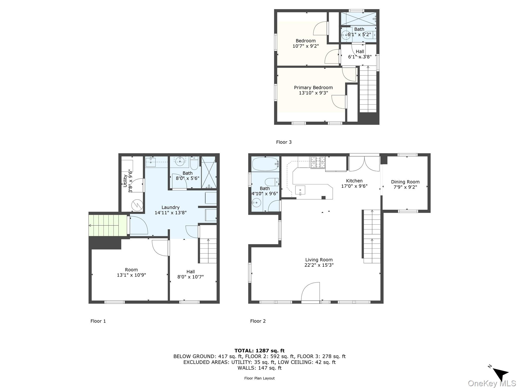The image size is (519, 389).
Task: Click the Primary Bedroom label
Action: (313, 88)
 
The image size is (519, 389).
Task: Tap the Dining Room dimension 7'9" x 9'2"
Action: (405, 187)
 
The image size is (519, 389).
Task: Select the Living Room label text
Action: (319, 260)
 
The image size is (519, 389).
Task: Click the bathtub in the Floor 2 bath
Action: (265, 164)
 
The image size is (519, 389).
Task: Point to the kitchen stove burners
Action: (318, 162)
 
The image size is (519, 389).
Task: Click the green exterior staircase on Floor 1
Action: (108, 225)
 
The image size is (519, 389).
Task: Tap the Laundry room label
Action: (170, 207)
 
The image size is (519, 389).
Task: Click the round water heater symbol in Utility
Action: (137, 205)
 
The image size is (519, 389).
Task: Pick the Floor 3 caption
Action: (284, 142)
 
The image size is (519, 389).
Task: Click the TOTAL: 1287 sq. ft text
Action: (259, 351)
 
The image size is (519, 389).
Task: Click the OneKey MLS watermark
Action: (492, 383)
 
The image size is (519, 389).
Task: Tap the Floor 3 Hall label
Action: (360, 51)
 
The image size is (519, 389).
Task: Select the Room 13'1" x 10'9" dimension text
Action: (131, 275)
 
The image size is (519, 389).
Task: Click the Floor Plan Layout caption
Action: (259, 378)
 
